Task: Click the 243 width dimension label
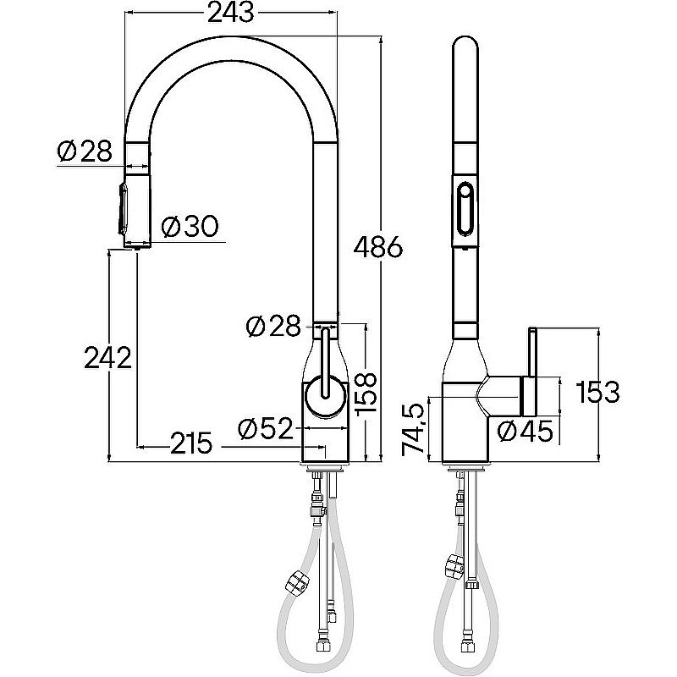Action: [x=231, y=13]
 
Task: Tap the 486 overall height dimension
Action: [x=378, y=247]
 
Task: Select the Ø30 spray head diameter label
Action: [x=190, y=226]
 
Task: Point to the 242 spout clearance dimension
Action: [x=108, y=357]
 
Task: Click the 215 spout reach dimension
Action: [x=192, y=443]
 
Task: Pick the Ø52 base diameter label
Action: [x=266, y=428]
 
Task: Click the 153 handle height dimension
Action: [x=598, y=392]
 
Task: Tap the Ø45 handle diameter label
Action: [x=525, y=431]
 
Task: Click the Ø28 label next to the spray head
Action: [x=85, y=151]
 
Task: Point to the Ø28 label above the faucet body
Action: [x=272, y=326]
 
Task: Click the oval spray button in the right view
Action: [x=465, y=209]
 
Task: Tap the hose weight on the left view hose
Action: [x=297, y=582]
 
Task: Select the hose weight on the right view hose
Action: [x=454, y=565]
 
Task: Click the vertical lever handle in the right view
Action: [x=531, y=352]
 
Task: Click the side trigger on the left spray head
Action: [x=123, y=209]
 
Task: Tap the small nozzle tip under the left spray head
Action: [x=136, y=249]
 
